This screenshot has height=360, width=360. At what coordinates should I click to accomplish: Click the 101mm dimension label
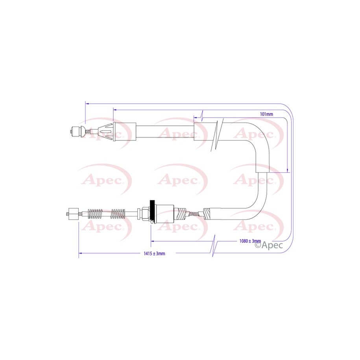pos(266,114)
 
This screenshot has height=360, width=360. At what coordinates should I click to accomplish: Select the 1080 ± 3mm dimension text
pos(250,241)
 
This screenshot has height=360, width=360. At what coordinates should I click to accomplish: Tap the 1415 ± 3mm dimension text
pos(154,253)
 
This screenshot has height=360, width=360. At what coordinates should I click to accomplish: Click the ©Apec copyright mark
pos(269,245)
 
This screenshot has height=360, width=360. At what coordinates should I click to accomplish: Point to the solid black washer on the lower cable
pos(151,211)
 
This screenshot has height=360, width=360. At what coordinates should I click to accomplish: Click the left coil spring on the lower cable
pos(95,214)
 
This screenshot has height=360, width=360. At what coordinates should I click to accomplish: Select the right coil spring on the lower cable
pos(118,214)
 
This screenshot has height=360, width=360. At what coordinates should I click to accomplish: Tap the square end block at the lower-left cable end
pos(74,214)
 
